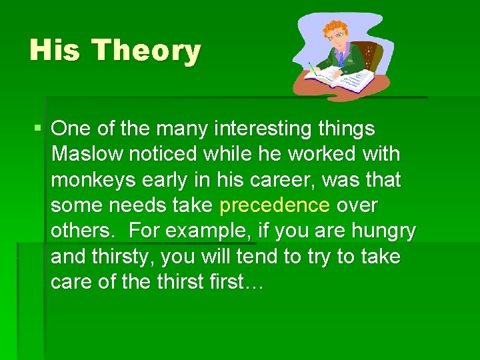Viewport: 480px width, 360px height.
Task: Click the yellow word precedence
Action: click(274, 205)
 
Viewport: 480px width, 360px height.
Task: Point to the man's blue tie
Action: click(342, 59)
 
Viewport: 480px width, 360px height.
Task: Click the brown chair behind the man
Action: click(375, 57)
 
